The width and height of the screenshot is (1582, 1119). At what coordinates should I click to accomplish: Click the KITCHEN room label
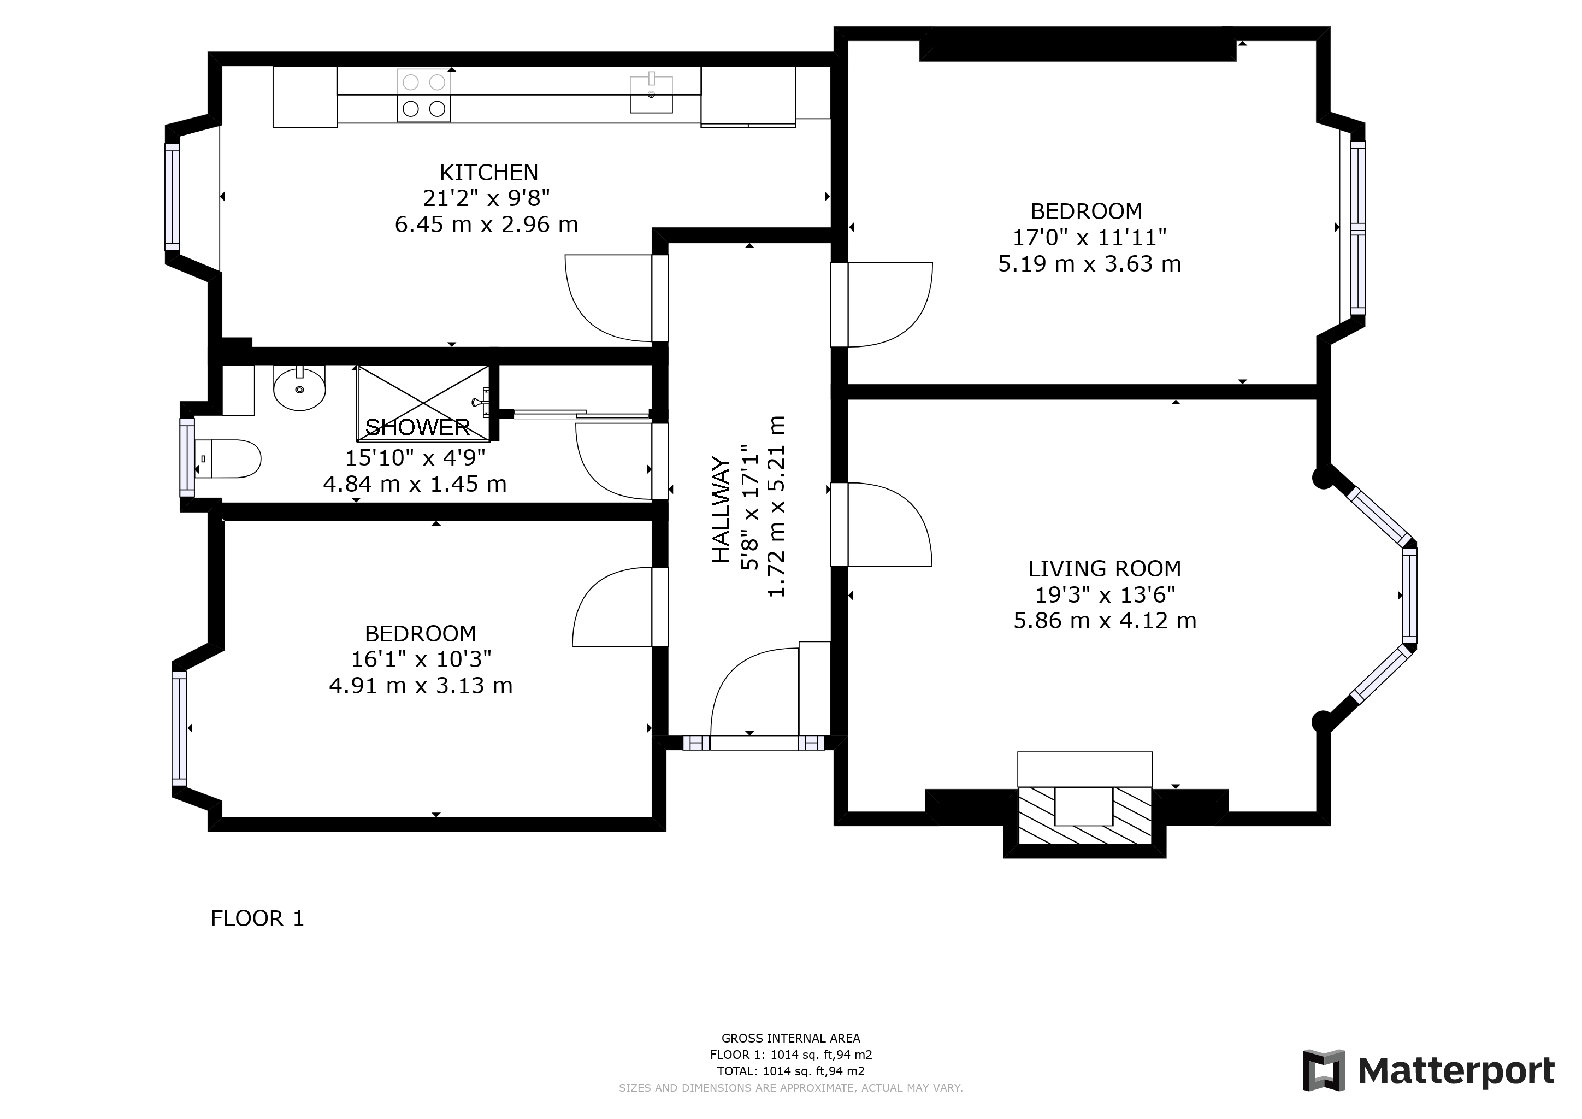488,172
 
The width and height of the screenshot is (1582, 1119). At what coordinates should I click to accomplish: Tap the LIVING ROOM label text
1105,568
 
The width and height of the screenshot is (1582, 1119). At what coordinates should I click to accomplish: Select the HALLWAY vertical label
721,509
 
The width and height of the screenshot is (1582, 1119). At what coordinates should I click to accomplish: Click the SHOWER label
417,427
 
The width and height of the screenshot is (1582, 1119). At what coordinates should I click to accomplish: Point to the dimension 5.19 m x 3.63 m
1089,264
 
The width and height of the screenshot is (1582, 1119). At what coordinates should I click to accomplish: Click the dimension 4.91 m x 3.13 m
420,686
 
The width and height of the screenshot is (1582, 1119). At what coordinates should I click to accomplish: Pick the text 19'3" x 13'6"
1105,594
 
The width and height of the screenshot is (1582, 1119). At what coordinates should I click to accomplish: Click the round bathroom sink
299,388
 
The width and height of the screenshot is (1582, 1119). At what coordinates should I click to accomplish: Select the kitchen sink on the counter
651,94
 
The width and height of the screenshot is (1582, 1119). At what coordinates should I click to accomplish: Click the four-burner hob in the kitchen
424,96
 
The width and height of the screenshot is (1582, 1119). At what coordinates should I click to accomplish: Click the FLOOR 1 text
257,918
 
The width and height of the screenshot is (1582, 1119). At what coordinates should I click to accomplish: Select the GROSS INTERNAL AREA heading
790,1038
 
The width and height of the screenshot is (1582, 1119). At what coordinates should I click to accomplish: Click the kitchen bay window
172,197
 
